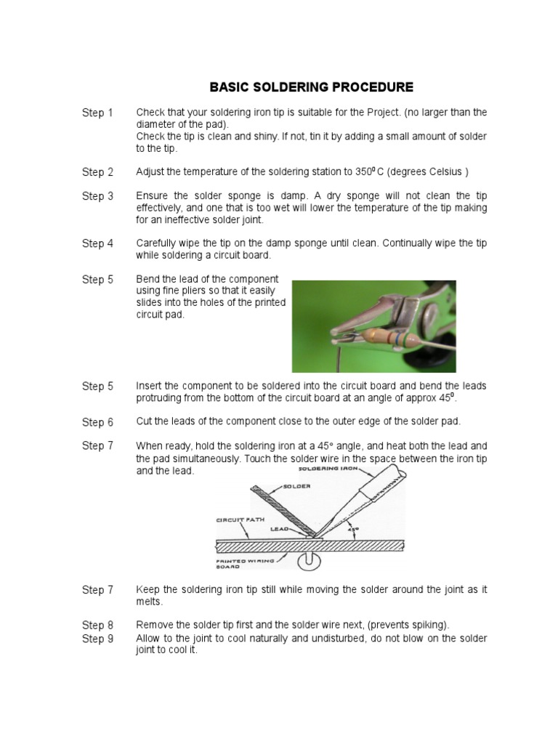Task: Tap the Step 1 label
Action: coord(97,113)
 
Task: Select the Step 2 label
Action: coord(97,172)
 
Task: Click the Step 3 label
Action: coord(97,196)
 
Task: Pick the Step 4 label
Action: coord(97,243)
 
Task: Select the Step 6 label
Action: coord(97,422)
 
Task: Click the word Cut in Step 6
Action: coord(145,422)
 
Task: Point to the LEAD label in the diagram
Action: coord(281,531)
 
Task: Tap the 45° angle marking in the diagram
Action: coord(354,530)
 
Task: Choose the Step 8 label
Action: coord(97,626)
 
